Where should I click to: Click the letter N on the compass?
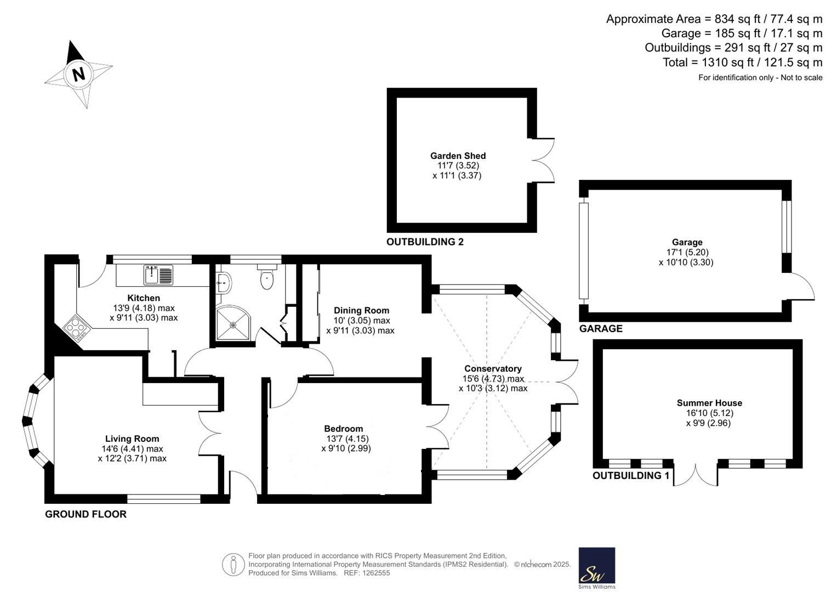point(78,74)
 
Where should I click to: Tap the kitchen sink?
point(158,275)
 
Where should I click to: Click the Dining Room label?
point(361,310)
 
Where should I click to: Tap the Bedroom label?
point(343,429)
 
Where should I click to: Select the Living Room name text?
point(132,439)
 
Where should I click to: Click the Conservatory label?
point(493,368)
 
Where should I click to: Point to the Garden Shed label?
point(458,156)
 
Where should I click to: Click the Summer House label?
point(709,403)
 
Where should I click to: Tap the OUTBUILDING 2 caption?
point(425,242)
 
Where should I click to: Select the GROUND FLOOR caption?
point(86,514)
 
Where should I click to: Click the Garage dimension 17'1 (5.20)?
point(687,252)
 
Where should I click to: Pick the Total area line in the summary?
point(743,62)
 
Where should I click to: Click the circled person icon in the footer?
point(234,565)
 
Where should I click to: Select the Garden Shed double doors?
point(543,160)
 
